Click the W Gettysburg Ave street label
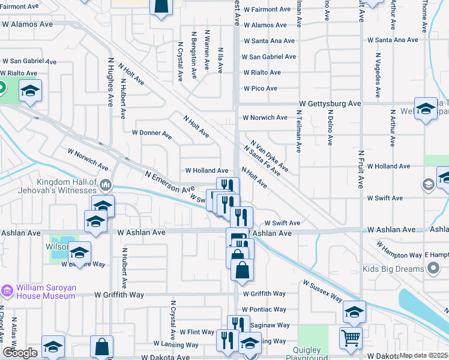[331, 104]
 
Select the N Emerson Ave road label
[170, 181]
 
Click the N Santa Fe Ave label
[262, 160]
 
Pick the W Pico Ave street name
[260, 88]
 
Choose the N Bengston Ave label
[193, 56]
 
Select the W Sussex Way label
[322, 291]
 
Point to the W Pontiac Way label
[265, 310]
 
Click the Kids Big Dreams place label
[393, 269]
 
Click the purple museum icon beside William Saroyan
[7, 291]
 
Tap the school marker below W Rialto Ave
[30, 91]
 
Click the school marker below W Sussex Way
[354, 312]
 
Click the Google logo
[19, 353]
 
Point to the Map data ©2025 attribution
[423, 355]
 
